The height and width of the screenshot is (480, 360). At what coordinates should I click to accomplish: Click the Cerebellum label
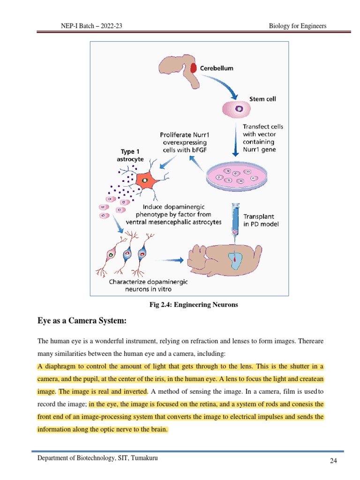[x=217, y=68]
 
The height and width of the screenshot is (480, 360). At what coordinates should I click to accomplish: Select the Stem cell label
[x=262, y=99]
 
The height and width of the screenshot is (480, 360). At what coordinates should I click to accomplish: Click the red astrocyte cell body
[x=146, y=180]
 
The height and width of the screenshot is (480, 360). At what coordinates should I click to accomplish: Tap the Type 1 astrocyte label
[x=130, y=155]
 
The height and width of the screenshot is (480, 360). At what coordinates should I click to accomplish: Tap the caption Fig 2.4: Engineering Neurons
[x=194, y=305]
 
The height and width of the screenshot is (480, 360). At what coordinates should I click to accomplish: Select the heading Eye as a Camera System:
[x=82, y=321]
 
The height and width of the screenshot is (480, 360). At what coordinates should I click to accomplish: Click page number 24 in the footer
[x=333, y=461]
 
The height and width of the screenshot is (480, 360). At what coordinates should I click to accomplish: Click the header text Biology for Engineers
[x=298, y=26]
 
